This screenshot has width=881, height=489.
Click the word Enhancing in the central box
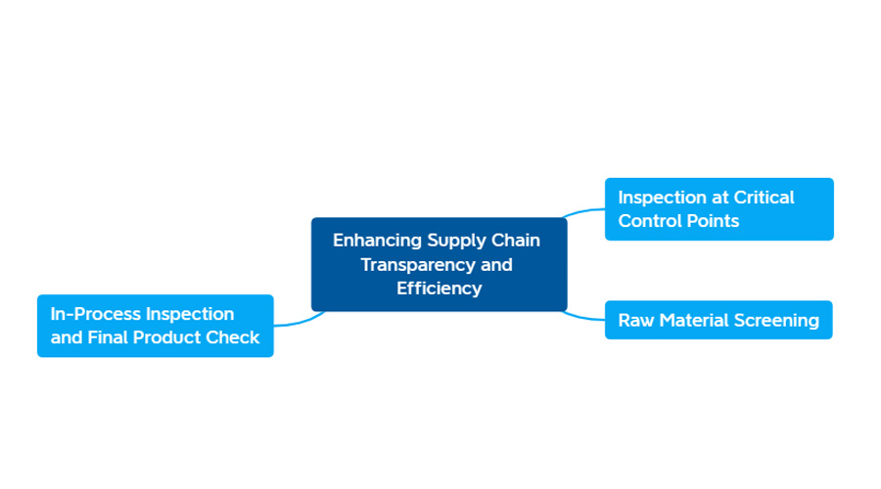[x=377, y=241]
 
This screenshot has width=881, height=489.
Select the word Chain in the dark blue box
[x=516, y=241]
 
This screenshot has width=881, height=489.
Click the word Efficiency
[x=440, y=289]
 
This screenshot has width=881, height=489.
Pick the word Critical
[x=764, y=198]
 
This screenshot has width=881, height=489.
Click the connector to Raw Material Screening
[x=583, y=317]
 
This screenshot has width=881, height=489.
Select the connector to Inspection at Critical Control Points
[x=583, y=211]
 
